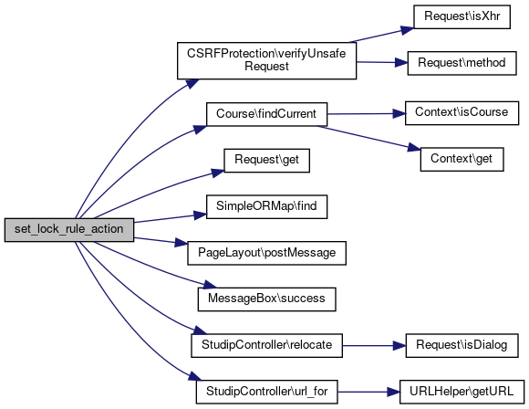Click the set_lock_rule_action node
click(x=69, y=230)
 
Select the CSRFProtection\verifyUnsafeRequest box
click(x=266, y=61)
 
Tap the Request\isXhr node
click(x=462, y=16)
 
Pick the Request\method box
click(x=462, y=63)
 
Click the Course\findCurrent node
click(x=266, y=114)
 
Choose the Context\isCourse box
click(x=462, y=113)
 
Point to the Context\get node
click(x=462, y=159)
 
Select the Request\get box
click(x=266, y=161)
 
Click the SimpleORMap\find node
click(x=266, y=206)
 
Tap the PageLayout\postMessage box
click(x=266, y=253)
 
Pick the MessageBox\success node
click(x=266, y=299)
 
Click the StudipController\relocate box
click(x=266, y=345)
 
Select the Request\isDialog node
click(x=462, y=345)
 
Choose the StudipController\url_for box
click(x=266, y=392)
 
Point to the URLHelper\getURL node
click(x=462, y=392)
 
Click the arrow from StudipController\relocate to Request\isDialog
click(x=374, y=346)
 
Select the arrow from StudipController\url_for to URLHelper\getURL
click(x=368, y=393)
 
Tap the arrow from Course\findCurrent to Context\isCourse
click(x=366, y=114)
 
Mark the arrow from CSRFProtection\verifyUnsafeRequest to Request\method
click(x=382, y=62)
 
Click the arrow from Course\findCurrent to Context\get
click(x=368, y=138)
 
